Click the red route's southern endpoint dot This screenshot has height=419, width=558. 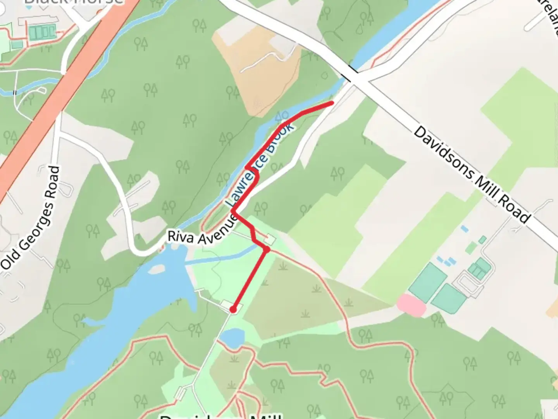click(233, 309)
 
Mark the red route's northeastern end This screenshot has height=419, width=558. click(332, 103)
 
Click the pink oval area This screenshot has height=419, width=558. click(411, 305)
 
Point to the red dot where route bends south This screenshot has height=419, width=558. click(267, 249)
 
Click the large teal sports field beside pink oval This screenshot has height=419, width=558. click(427, 282)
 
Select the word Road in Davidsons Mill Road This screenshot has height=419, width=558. click(514, 209)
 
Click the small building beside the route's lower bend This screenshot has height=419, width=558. click(270, 240)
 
